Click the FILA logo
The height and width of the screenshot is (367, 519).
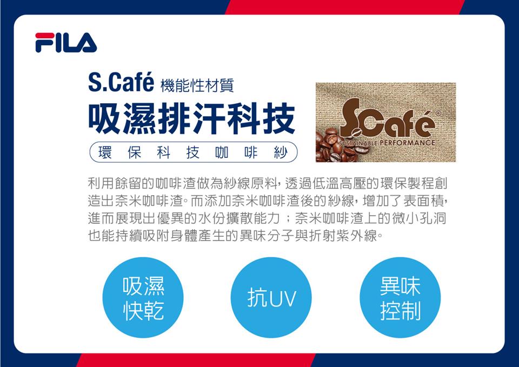point(66,42)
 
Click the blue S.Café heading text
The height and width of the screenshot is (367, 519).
point(121,82)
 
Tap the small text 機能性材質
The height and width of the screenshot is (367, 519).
point(197,85)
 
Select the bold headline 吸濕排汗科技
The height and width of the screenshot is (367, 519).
point(191,118)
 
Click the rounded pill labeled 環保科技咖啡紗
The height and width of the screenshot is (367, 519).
point(194,152)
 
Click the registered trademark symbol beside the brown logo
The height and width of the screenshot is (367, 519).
point(438,114)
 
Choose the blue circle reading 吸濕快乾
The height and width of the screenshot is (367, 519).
point(143,297)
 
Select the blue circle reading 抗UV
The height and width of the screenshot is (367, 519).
point(271,297)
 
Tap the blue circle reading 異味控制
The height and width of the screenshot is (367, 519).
point(400,297)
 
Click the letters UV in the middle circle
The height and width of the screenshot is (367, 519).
point(282,298)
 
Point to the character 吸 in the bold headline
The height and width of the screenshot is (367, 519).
point(105,118)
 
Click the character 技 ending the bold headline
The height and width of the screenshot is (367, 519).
point(279,118)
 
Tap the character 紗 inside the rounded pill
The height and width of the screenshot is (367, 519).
point(281,152)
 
